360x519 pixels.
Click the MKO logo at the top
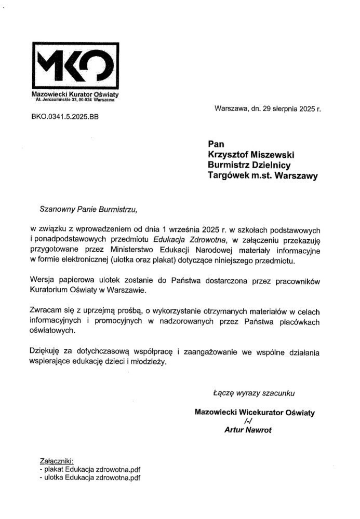coord(72,66)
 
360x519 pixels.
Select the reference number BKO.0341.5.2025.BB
coord(65,117)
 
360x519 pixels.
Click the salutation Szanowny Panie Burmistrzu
coord(90,210)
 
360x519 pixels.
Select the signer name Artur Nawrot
coord(248,430)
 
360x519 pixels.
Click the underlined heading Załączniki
coord(57,461)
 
